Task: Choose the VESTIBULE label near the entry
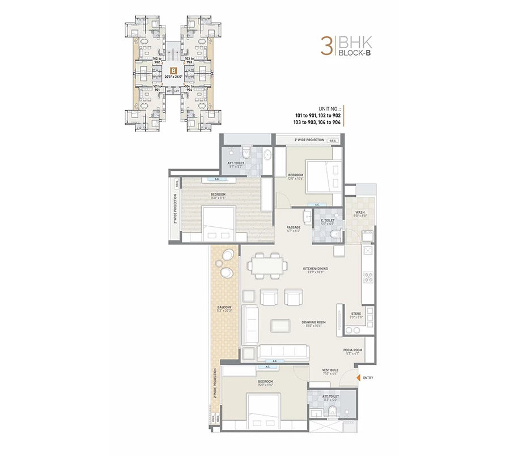click(x=330, y=371)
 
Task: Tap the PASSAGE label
click(x=294, y=229)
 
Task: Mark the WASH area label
click(x=360, y=214)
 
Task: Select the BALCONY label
click(x=224, y=309)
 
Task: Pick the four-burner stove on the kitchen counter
click(x=367, y=278)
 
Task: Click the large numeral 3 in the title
click(x=326, y=46)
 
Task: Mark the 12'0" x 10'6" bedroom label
click(x=295, y=176)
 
